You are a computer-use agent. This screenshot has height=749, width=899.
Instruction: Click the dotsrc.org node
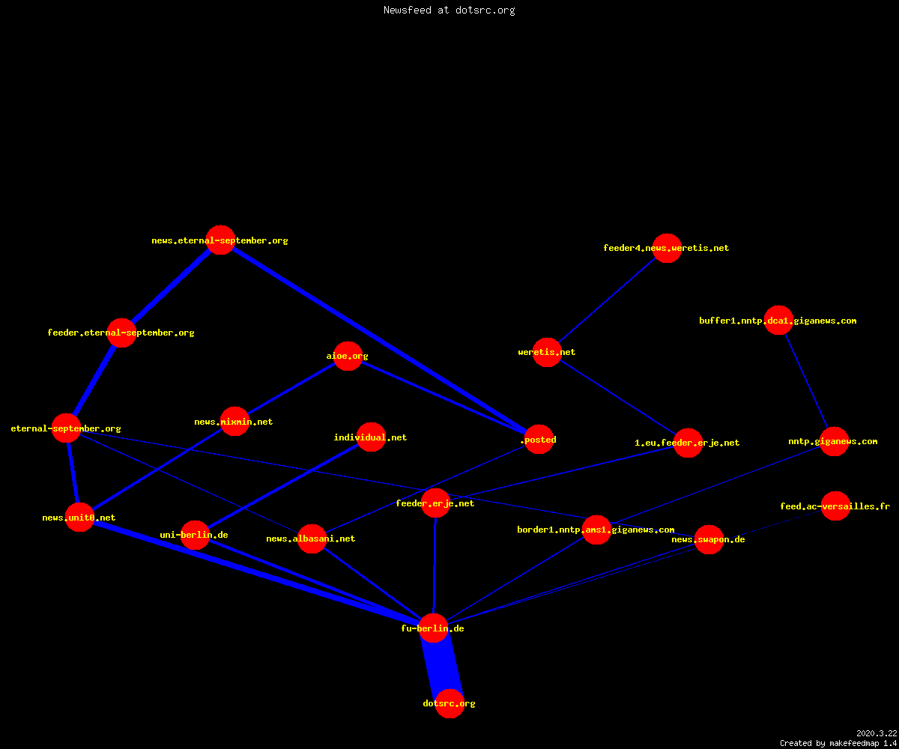coord(449,703)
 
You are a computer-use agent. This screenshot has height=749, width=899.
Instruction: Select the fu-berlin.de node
coord(433,628)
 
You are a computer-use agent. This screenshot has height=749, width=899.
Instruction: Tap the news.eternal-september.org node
coord(220,240)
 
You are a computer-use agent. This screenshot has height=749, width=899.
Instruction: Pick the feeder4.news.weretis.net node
coord(667,248)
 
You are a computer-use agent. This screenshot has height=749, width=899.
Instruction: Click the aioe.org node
coord(348,356)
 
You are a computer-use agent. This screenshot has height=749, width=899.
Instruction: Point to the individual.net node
coord(371,437)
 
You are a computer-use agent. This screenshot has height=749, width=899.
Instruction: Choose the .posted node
coord(539,439)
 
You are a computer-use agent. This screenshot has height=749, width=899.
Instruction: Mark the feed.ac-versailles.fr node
coord(835,506)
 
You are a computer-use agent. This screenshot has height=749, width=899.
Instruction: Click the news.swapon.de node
coord(709,539)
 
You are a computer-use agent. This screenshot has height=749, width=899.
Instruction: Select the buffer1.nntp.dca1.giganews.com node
coord(778,321)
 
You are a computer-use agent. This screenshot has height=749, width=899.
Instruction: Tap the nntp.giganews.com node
coord(834,441)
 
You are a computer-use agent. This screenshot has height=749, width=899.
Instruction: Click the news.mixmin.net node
coord(234,422)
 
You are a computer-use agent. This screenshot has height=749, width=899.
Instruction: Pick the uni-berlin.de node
coord(195,535)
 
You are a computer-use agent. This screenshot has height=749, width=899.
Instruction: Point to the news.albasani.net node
coord(312,539)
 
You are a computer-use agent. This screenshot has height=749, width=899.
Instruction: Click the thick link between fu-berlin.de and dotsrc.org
coord(441,666)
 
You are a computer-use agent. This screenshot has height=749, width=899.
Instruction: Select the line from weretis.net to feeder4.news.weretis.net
coord(607,300)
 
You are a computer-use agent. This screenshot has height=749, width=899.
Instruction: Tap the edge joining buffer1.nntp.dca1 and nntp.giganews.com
coord(806,380)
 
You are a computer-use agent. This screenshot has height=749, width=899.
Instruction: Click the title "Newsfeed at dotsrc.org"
coord(449,10)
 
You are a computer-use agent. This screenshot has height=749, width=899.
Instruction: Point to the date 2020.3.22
coord(877,733)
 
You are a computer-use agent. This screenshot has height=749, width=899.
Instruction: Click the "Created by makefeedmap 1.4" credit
coord(838,743)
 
